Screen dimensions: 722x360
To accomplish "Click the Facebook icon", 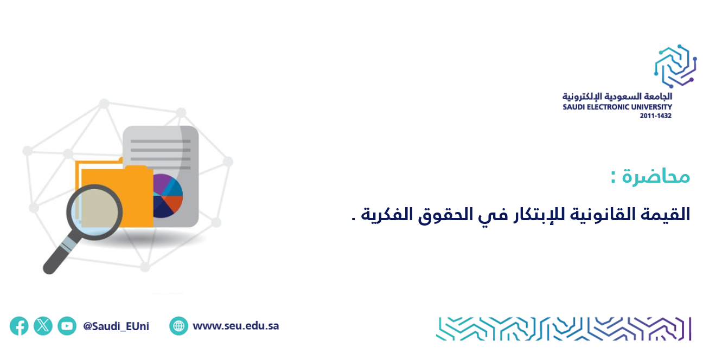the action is click(19, 326).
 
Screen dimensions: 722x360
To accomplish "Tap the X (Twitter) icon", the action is click(43, 326).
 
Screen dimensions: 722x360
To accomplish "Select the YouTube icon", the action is click(67, 326).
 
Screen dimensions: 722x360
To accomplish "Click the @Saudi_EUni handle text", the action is click(116, 326).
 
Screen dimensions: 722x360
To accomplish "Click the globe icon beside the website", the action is click(178, 326).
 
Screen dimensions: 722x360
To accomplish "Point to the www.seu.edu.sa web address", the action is click(235, 326).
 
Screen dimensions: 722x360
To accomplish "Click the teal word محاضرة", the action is click(656, 177).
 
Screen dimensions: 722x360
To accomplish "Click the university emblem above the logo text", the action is click(675, 66).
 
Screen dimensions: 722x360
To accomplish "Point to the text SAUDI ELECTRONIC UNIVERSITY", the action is click(617, 107).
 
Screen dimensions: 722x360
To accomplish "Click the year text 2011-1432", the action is click(656, 115).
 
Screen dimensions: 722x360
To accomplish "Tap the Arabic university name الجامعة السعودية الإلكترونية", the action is click(617, 97).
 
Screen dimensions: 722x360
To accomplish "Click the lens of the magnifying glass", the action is click(94, 213).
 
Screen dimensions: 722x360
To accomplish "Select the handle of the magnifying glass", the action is click(60, 255).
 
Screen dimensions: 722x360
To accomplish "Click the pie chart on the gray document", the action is click(168, 196).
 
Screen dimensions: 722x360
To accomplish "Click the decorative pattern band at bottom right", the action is click(564, 329).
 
